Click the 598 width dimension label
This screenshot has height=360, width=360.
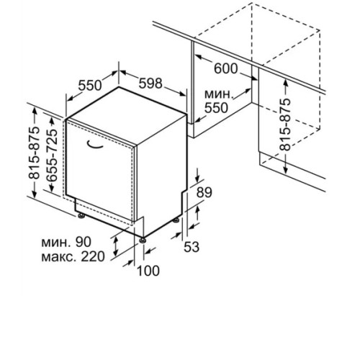pyautogui.click(x=150, y=84)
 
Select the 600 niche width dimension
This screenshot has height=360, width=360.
pyautogui.click(x=225, y=68)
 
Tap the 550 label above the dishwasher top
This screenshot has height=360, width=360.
pyautogui.click(x=90, y=86)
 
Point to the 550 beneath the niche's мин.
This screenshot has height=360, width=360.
pyautogui.click(x=216, y=108)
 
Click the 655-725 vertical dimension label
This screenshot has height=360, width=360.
pyautogui.click(x=52, y=156)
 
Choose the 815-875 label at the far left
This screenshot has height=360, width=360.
pyautogui.click(x=34, y=153)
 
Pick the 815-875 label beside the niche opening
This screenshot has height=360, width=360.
pyautogui.click(x=285, y=125)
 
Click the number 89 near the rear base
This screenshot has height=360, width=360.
pyautogui.click(x=204, y=192)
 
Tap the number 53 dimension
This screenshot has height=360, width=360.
pyautogui.click(x=192, y=247)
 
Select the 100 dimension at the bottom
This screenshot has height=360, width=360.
pyautogui.click(x=148, y=271)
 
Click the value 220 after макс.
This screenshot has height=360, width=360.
pyautogui.click(x=93, y=256)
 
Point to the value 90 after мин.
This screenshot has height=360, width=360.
pyautogui.click(x=84, y=242)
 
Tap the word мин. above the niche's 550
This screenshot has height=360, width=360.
pyautogui.click(x=219, y=94)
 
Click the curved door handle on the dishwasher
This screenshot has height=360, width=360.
pyautogui.click(x=94, y=145)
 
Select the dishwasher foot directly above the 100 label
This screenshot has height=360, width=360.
pyautogui.click(x=143, y=240)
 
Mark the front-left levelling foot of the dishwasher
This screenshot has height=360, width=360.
pyautogui.click(x=81, y=215)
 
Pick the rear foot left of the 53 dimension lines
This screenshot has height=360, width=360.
pyautogui.click(x=176, y=220)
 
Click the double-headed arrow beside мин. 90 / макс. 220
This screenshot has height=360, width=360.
pyautogui.click(x=116, y=246)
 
